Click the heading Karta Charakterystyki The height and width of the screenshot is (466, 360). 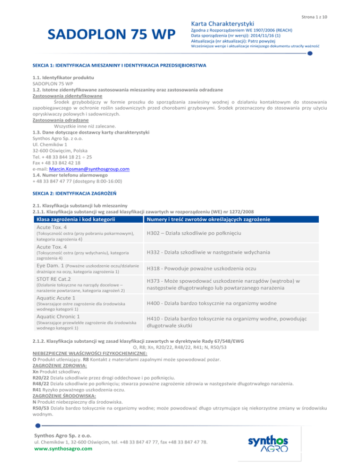coord(222,23)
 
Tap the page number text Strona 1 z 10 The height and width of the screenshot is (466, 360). coord(314,17)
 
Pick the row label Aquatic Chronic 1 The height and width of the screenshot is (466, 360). coord(62,316)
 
